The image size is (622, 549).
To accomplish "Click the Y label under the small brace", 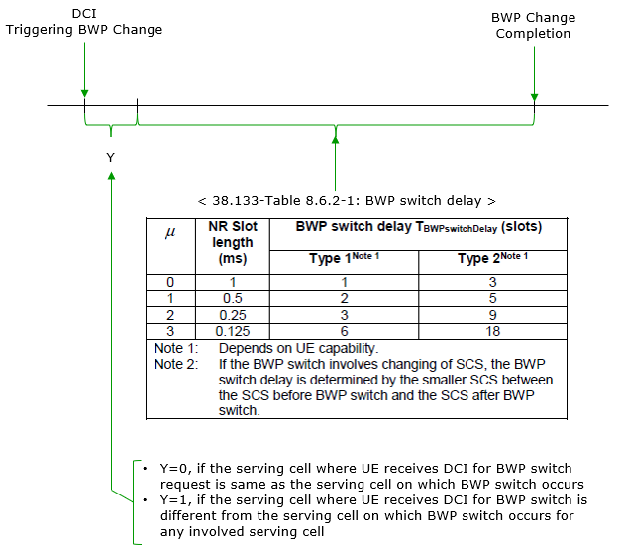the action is click(x=111, y=158).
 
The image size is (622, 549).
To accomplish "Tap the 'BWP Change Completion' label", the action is click(x=533, y=26).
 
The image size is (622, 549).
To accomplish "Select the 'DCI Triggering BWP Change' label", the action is click(x=84, y=22).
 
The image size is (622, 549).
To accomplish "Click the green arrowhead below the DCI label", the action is click(x=84, y=94).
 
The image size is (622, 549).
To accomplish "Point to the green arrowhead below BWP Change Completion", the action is click(x=534, y=98).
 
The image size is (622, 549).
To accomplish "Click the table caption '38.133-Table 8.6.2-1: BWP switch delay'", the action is click(x=347, y=201).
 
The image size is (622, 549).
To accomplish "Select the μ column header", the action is click(x=170, y=232).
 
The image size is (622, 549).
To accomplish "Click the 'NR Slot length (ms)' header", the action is click(x=233, y=242).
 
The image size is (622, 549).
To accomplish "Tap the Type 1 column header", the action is click(x=345, y=258).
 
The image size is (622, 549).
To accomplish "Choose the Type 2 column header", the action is click(x=492, y=258).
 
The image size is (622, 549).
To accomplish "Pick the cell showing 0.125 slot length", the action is click(x=233, y=331).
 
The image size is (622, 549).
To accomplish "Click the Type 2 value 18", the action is click(x=493, y=331).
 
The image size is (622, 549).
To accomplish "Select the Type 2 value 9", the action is click(x=492, y=315).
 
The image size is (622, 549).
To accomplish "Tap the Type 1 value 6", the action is click(x=345, y=331).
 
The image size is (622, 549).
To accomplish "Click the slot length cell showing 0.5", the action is click(x=233, y=298).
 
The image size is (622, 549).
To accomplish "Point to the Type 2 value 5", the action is click(x=492, y=298).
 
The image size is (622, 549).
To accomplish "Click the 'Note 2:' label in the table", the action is click(x=176, y=364).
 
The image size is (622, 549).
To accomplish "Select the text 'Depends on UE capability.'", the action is click(x=299, y=348).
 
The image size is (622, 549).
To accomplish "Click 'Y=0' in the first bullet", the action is click(x=173, y=469).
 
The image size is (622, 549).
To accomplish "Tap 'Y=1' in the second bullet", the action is click(x=173, y=500).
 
